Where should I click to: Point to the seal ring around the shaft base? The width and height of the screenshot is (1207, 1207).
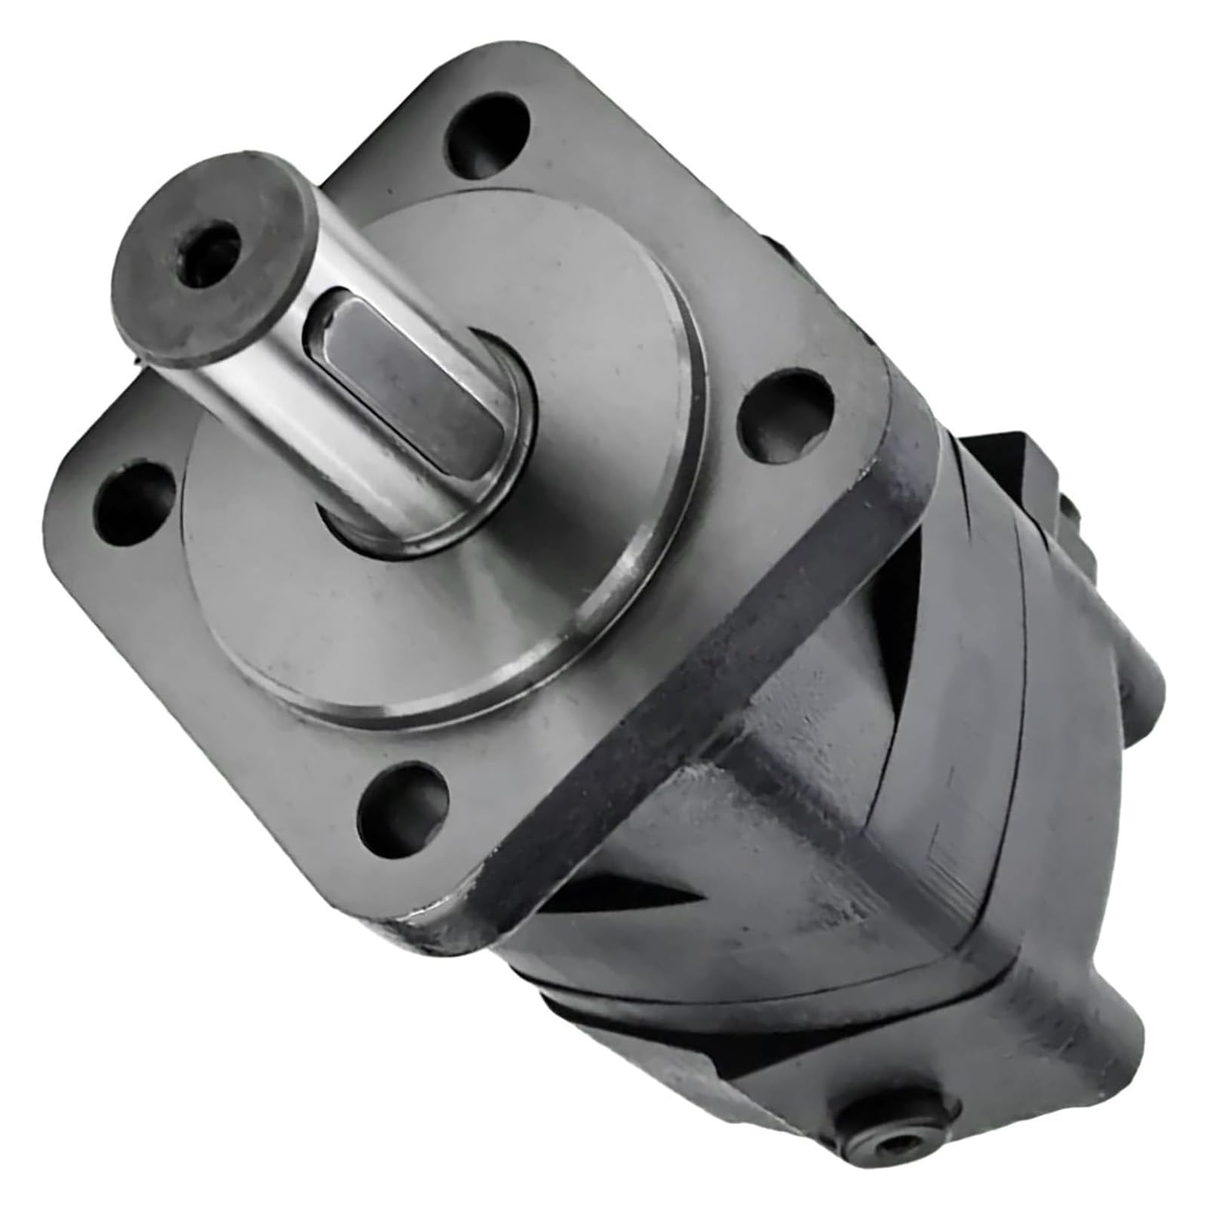point(445,521)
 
